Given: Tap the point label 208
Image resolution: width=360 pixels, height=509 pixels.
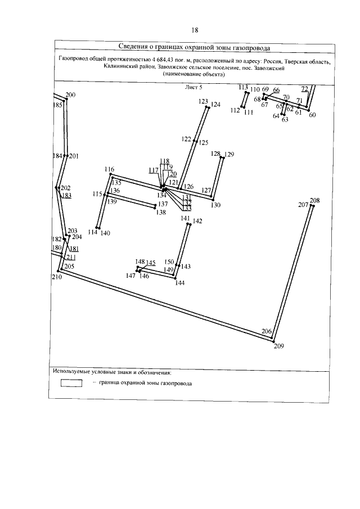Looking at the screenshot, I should coord(314,201).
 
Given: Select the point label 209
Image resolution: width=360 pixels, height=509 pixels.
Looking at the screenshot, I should coord(279,346).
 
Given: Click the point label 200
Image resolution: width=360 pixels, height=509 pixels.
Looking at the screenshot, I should coord(70,95).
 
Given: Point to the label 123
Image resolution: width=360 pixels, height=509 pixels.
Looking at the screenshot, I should coord(204,102).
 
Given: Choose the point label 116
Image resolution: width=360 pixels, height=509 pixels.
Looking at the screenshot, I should coord(109,170).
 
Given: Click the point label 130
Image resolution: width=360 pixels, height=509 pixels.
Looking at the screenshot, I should coord(216,205).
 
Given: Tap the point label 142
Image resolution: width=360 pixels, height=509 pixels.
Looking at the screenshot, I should coord(197,222).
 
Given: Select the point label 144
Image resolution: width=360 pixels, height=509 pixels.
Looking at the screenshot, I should coord(180,283).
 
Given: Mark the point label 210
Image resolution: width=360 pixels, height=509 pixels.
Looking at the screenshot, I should coord(56,277).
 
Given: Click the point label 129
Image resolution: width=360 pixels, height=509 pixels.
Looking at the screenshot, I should coord(229,154).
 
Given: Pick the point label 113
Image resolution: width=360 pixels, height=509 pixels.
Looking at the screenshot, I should coord(243,87).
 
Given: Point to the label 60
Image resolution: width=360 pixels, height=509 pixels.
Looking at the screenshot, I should coord(313,115).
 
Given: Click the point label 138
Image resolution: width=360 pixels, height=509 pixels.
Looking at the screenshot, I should coord(161,213).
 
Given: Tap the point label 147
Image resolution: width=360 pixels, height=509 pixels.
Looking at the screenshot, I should coord(130,276).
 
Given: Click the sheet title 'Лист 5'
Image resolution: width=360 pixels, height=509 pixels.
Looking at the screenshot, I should coord(193,87).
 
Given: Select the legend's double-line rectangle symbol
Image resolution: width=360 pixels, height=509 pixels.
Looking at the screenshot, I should coord(71,383).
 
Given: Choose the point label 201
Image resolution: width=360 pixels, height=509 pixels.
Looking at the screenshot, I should coord(74,156).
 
